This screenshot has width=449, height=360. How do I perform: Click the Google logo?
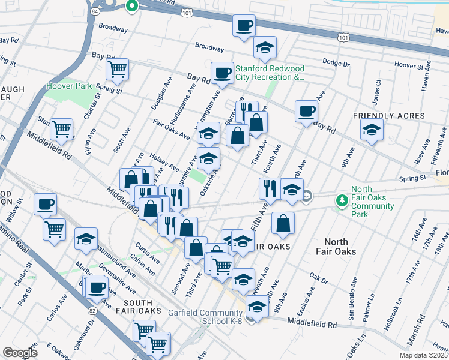click(x=20, y=353)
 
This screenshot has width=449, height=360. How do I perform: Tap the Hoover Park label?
click(x=69, y=86)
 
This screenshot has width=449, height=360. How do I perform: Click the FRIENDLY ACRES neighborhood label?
click(x=389, y=115)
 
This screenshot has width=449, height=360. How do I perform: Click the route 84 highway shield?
click(x=97, y=11)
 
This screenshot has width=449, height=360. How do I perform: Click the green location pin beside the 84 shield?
click(x=132, y=7)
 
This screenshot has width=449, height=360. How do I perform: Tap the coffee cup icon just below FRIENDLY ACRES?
click(x=306, y=112)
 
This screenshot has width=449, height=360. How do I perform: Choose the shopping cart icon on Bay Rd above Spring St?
click(x=118, y=69)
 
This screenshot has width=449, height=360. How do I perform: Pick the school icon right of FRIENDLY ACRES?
click(x=372, y=129)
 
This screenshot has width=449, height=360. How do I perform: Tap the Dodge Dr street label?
click(x=336, y=62)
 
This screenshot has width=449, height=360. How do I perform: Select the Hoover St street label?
click(x=409, y=64)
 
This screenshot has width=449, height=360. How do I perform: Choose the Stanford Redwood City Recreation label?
click(x=270, y=73)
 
